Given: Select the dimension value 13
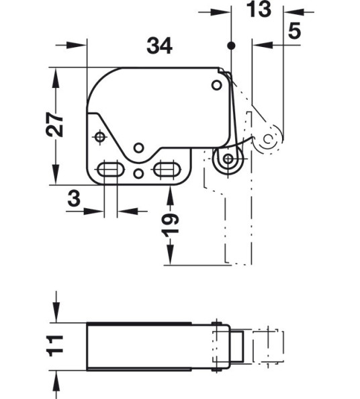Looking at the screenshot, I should pos(258,10).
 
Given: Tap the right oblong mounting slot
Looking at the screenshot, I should pos(166,169).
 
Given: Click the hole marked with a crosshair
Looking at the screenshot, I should pos(100,137).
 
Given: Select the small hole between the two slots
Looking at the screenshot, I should pos(138,174).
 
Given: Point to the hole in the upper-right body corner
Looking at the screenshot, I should pos(216,85).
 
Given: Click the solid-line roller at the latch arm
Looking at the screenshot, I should pos(228,160).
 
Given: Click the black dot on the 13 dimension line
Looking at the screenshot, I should pos(230,46).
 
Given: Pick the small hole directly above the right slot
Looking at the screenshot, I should pos(138,147).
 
